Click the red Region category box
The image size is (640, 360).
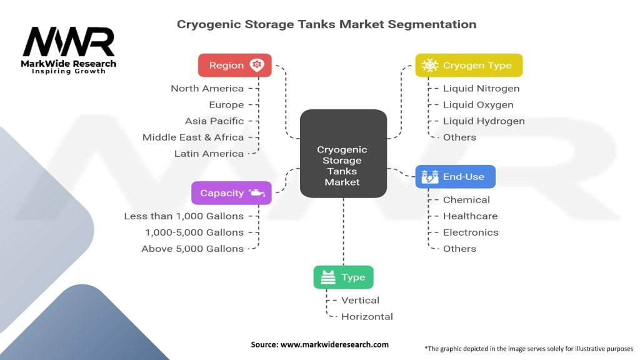[235, 66]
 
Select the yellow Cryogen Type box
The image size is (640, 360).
[469, 66]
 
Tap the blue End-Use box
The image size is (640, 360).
[455, 177]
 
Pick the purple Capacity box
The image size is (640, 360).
[231, 193]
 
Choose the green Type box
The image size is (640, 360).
[343, 277]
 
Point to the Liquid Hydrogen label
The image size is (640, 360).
[484, 121]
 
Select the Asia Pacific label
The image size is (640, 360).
[214, 121]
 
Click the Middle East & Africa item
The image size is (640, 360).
[193, 137]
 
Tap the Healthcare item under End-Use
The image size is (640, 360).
[470, 216]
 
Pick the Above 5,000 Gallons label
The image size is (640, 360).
[192, 249]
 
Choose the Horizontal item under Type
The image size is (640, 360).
[367, 317]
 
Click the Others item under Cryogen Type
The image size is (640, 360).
[459, 137]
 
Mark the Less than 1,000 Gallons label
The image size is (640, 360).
[184, 216]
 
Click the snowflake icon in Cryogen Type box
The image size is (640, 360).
[430, 66]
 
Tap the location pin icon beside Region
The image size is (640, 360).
[256, 65]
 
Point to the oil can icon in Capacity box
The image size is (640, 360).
[256, 193]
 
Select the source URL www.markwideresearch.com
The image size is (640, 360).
[334, 344]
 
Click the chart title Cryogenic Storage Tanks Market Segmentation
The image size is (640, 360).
[326, 24]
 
